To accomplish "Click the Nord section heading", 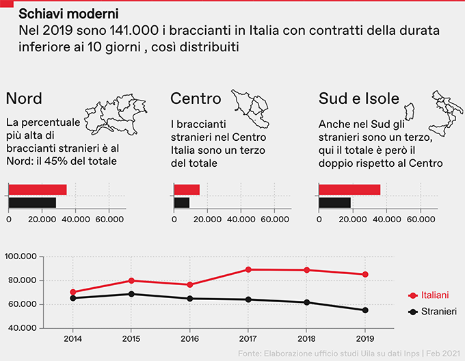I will coord(23,98).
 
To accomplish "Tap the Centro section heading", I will coord(196,98).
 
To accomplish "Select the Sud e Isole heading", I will coord(359,98).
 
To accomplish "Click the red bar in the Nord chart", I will coord(38,189).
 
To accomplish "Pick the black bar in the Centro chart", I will coord(182,202).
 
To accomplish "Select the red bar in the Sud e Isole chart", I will coord(349,189).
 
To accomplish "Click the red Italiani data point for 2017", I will coord(248,269).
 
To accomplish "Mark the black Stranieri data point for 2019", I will coord(365,310).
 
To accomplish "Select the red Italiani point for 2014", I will coord(73,292).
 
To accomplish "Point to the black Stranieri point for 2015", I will coord(131,294).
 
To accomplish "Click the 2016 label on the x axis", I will coord(189,338).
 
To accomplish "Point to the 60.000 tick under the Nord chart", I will coord(109,219).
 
